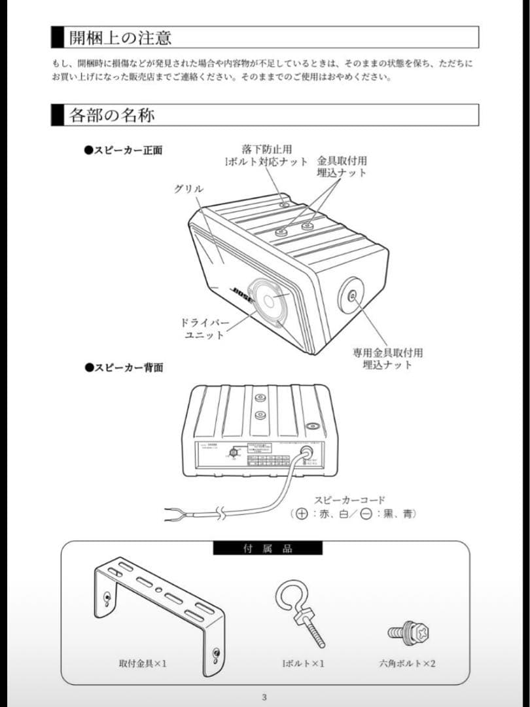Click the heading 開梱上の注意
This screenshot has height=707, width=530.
pyautogui.click(x=121, y=37)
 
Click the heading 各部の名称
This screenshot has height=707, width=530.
pyautogui.click(x=112, y=116)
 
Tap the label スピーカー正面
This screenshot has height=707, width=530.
pyautogui.click(x=123, y=151)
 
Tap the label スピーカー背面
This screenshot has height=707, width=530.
pyautogui.click(x=123, y=367)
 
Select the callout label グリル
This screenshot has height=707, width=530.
pyautogui.click(x=188, y=189)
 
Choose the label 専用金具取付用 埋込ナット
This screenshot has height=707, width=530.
pyautogui.click(x=387, y=358)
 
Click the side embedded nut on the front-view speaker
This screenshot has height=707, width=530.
pyautogui.click(x=353, y=295)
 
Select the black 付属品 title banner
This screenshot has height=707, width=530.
pyautogui.click(x=268, y=548)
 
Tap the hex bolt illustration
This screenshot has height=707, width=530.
pyautogui.click(x=408, y=632)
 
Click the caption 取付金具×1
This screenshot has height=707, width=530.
pyautogui.click(x=143, y=663)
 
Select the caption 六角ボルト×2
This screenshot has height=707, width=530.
pyautogui.click(x=407, y=663)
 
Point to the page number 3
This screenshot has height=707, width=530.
pyautogui.click(x=264, y=697)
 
